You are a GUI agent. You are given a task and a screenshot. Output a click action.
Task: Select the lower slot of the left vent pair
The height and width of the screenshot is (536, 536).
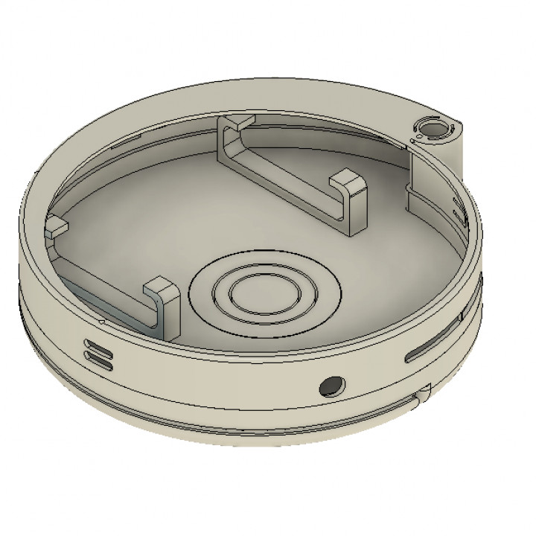100,360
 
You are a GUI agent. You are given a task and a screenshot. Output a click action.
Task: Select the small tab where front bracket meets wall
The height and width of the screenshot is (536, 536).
54,226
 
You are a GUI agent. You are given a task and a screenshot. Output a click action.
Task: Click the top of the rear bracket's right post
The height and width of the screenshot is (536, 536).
348,181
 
